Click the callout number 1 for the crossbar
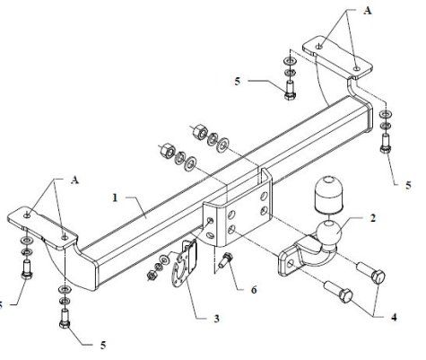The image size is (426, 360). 115,198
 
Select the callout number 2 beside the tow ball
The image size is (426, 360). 372,217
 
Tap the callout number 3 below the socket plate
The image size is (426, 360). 216,319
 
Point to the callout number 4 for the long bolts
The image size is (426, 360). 394,317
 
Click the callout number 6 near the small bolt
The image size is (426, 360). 254,290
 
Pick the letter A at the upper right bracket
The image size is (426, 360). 368,11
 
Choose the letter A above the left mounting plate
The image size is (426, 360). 74,180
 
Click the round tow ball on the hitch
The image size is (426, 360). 328,233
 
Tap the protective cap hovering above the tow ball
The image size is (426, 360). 328,193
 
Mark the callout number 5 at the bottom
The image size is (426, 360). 103,345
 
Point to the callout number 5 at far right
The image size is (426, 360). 408,185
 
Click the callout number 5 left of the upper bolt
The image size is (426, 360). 238,82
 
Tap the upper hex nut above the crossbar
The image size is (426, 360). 199,132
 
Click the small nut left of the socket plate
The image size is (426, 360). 152,275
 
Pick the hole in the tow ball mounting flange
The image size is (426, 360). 291,264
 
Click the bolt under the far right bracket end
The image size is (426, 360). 386,144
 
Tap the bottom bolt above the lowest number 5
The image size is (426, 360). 65,319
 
